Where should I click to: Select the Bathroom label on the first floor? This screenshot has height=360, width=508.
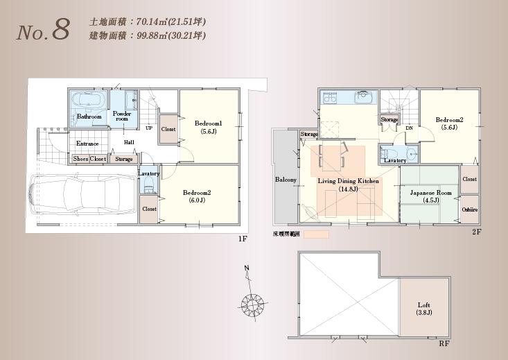pyautogui.click(x=89, y=117)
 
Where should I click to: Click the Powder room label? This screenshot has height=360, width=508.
pyautogui.click(x=123, y=116)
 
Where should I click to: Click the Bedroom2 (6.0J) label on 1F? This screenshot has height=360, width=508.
pyautogui.click(x=200, y=196)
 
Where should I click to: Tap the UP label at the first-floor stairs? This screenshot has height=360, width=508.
pyautogui.click(x=149, y=128)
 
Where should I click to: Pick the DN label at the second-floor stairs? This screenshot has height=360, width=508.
pyautogui.click(x=409, y=128)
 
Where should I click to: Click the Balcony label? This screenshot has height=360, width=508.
pyautogui.click(x=286, y=180)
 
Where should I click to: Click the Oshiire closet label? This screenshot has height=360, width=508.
pyautogui.click(x=470, y=209)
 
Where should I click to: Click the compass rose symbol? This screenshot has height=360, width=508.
pyautogui.click(x=253, y=302)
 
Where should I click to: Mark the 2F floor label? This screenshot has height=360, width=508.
pyautogui.click(x=476, y=232)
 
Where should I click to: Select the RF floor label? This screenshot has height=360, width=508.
pyautogui.click(x=443, y=343)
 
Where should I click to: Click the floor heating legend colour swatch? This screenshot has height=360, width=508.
pyautogui.click(x=316, y=235)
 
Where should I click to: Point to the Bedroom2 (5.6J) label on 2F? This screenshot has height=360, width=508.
pyautogui.click(x=449, y=123)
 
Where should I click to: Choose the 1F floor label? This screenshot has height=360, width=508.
pyautogui.click(x=242, y=239)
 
